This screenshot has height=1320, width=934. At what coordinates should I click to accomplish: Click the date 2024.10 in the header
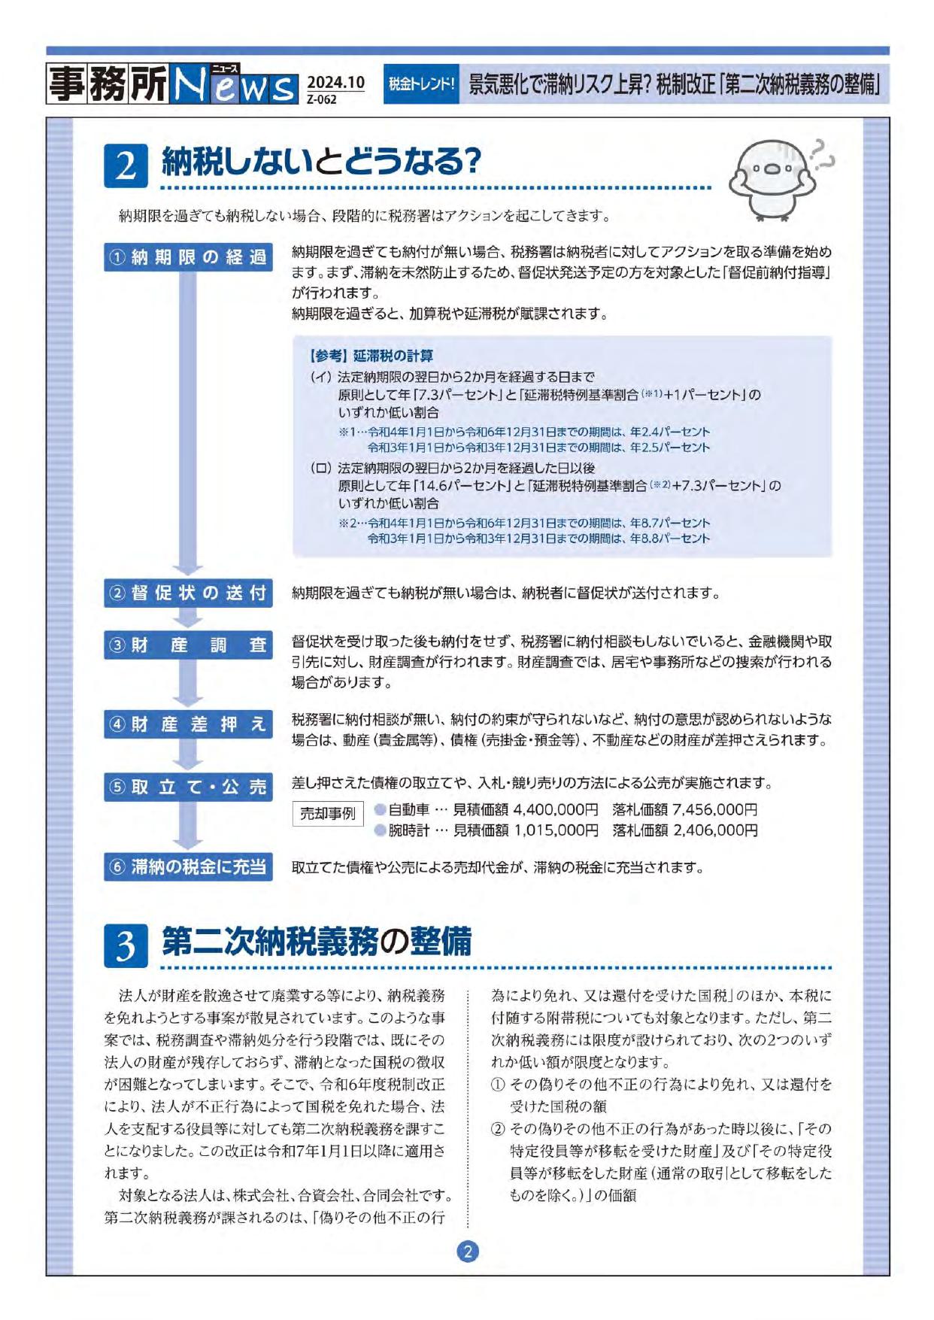335,82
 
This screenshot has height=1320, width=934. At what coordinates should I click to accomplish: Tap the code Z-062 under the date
322,99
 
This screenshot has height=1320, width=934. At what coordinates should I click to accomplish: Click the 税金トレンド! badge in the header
421,83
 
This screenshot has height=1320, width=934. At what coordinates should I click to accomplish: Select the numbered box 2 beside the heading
126,165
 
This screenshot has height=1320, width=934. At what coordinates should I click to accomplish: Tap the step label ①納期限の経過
188,257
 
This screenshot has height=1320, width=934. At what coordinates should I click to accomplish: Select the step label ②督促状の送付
188,593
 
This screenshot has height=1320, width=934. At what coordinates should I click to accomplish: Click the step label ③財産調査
188,645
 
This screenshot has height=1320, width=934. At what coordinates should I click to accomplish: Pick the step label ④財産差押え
188,724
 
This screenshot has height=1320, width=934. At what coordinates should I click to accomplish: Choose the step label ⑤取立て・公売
188,787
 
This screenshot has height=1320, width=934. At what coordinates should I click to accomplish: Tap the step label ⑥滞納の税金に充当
188,866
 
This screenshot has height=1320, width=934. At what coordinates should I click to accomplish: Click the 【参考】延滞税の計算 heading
371,356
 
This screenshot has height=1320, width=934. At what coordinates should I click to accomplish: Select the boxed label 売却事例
328,813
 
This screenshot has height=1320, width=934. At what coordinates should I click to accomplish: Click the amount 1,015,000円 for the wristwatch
556,830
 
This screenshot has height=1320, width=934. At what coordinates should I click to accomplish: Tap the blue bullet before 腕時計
381,830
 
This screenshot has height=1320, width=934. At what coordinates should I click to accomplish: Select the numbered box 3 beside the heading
126,945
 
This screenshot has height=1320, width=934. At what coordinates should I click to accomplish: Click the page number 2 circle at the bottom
468,1252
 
